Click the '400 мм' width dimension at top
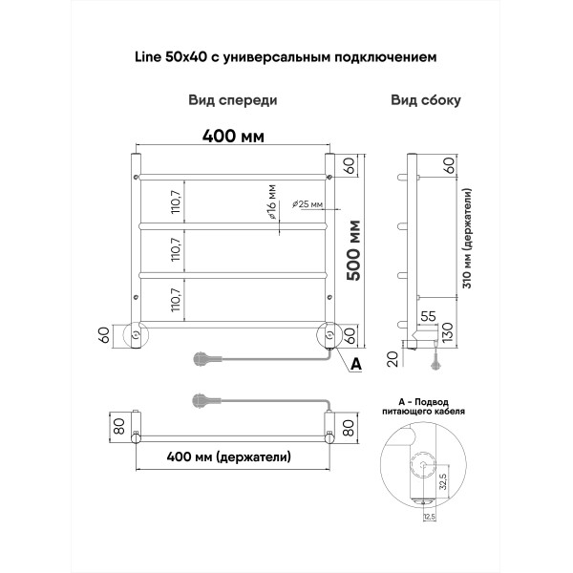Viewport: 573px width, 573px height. pyautogui.click(x=232, y=136)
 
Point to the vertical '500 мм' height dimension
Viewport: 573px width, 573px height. pyautogui.click(x=352, y=250)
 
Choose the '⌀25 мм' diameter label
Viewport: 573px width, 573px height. pyautogui.click(x=307, y=204)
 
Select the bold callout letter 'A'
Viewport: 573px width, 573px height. pyautogui.click(x=356, y=364)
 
